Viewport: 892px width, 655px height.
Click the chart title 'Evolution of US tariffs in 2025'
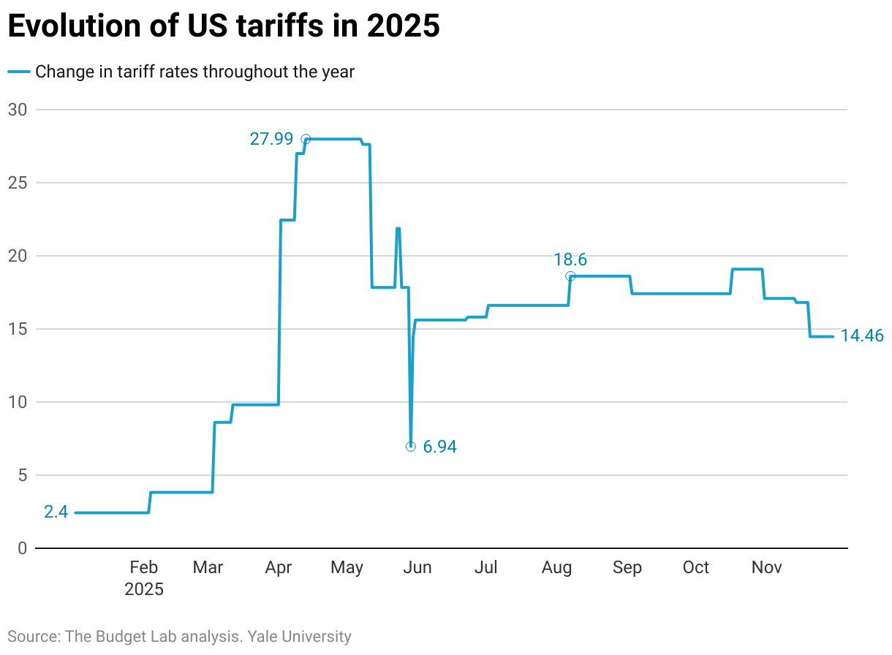223,26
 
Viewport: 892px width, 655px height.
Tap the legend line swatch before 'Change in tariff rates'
19,72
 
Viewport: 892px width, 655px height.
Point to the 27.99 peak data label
271,139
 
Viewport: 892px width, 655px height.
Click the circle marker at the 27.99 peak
306,139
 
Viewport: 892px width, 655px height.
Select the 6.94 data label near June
439,447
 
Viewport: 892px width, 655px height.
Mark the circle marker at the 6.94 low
410,446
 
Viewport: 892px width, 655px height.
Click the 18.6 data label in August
570,260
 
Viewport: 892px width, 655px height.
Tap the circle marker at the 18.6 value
570,276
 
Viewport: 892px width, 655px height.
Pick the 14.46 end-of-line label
863,337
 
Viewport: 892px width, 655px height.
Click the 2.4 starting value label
56,512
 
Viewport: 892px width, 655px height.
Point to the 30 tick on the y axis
17,110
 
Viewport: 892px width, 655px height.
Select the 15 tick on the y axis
17,329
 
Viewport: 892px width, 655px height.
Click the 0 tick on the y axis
22,548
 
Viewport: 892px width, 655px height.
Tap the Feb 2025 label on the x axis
144,578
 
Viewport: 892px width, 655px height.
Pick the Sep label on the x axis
627,567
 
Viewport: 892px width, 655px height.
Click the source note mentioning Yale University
179,636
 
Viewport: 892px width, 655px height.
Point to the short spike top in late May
398,228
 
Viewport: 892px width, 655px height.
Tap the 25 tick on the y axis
17,183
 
